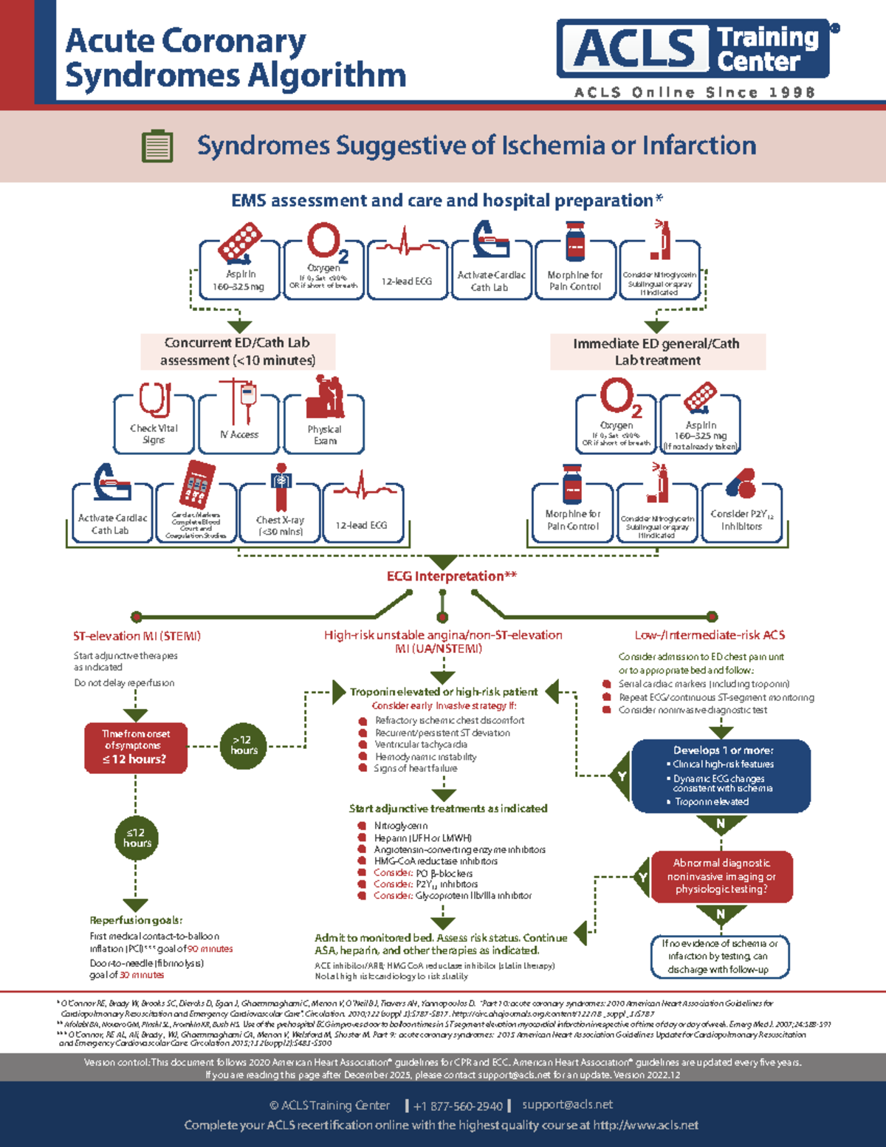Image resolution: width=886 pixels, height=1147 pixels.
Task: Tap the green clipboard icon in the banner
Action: coord(157,146)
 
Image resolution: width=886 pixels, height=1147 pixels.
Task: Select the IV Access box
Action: coord(239,423)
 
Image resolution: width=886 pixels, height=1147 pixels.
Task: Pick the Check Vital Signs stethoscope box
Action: coord(154,423)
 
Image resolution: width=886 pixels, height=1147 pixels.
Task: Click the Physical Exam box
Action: coord(325,423)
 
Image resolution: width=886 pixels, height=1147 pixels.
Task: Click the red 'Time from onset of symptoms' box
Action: coord(135,747)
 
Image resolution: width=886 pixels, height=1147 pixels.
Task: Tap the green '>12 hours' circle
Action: coord(244,745)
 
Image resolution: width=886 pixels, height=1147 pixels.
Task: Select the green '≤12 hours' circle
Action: coord(137,838)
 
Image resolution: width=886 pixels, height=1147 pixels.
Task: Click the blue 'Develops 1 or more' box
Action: coord(721,776)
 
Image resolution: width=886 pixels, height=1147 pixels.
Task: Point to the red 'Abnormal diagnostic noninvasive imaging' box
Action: coord(721,876)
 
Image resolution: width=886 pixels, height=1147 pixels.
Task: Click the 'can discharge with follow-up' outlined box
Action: coord(720,956)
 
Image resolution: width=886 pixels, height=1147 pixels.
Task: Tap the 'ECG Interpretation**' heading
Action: coord(451,576)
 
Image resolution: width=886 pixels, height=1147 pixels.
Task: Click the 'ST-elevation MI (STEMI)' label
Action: coord(137,636)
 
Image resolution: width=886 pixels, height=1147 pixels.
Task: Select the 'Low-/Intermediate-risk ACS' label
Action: coord(710,635)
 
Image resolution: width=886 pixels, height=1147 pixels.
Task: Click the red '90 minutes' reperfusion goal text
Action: coord(210,949)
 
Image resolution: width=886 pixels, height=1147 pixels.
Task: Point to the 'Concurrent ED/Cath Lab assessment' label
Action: coord(238,352)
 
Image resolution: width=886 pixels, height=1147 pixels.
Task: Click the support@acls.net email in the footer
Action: coord(567,1105)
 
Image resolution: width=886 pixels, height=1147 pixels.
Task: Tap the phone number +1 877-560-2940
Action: coord(458,1106)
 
